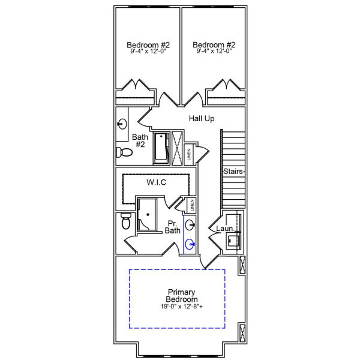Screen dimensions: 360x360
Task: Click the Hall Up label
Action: (x=202, y=119)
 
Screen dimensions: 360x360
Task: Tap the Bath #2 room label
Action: (x=140, y=140)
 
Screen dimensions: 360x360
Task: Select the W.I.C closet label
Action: (x=156, y=182)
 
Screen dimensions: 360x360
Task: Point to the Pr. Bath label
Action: (x=173, y=226)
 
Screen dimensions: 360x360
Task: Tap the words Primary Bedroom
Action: (x=182, y=295)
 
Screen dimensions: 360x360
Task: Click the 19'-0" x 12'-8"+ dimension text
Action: (x=182, y=307)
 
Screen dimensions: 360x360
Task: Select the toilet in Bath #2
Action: (x=121, y=151)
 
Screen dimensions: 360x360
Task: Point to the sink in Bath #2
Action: (x=122, y=124)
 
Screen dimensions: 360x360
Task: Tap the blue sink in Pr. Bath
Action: (x=190, y=244)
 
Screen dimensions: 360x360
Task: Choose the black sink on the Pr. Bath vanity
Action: (x=190, y=225)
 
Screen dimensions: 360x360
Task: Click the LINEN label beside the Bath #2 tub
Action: (x=189, y=154)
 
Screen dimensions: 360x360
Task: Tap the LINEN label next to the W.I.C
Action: (x=191, y=205)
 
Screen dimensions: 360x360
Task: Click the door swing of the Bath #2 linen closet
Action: (x=202, y=150)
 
